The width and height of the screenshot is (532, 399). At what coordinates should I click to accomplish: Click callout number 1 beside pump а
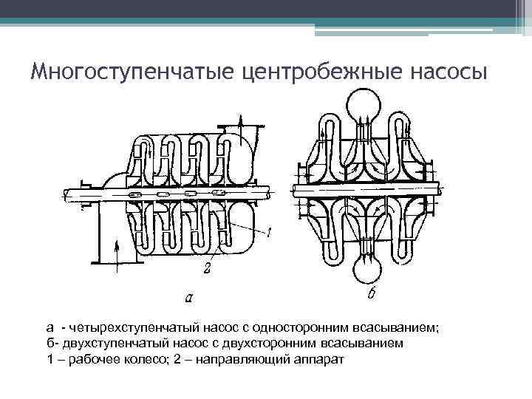(x=270, y=233)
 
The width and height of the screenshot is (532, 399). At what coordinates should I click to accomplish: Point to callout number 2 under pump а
(x=208, y=270)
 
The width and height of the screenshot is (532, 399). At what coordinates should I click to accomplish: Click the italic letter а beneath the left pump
(x=189, y=298)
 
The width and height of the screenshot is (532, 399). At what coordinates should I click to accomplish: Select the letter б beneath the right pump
(x=372, y=295)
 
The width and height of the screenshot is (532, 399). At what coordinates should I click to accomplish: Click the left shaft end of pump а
(x=72, y=194)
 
